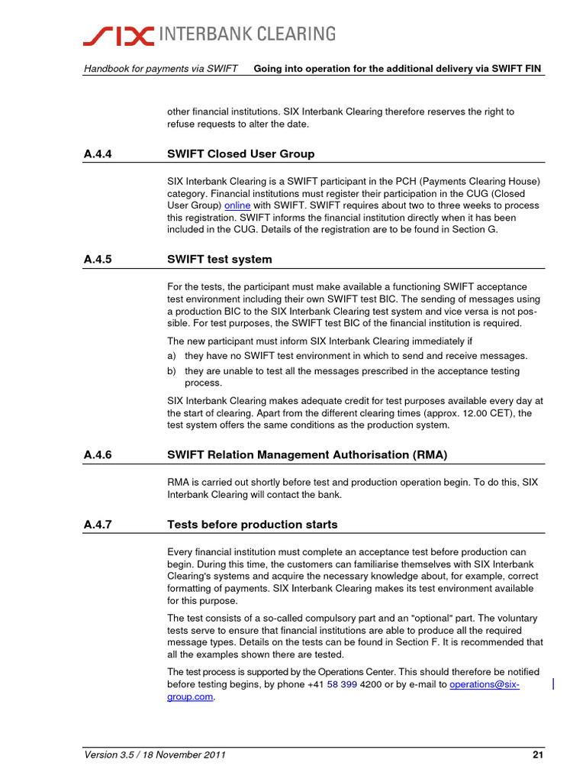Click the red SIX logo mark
click(118, 34)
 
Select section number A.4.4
click(98, 154)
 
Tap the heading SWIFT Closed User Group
click(240, 154)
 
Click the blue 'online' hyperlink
click(237, 205)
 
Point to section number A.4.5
click(98, 260)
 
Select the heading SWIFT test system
click(219, 260)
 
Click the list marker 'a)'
click(172, 356)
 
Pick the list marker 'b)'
click(172, 371)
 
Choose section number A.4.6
click(98, 455)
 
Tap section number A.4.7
click(98, 525)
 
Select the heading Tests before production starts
click(252, 525)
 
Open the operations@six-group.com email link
click(484, 685)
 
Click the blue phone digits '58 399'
click(342, 685)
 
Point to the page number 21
click(537, 756)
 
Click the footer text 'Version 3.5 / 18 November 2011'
click(155, 756)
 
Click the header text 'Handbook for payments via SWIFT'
click(161, 69)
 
